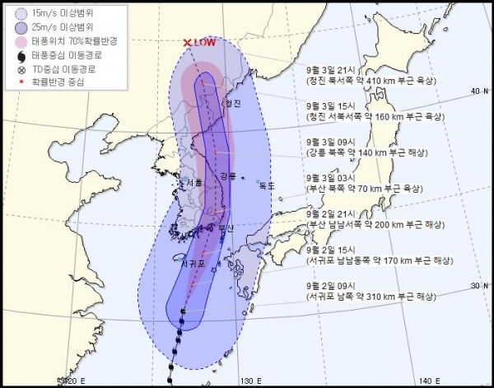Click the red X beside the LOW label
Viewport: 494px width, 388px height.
(x=187, y=43)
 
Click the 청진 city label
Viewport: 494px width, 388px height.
(x=233, y=104)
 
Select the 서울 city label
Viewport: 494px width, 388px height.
(x=194, y=184)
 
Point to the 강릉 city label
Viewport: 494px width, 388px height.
(x=228, y=176)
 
